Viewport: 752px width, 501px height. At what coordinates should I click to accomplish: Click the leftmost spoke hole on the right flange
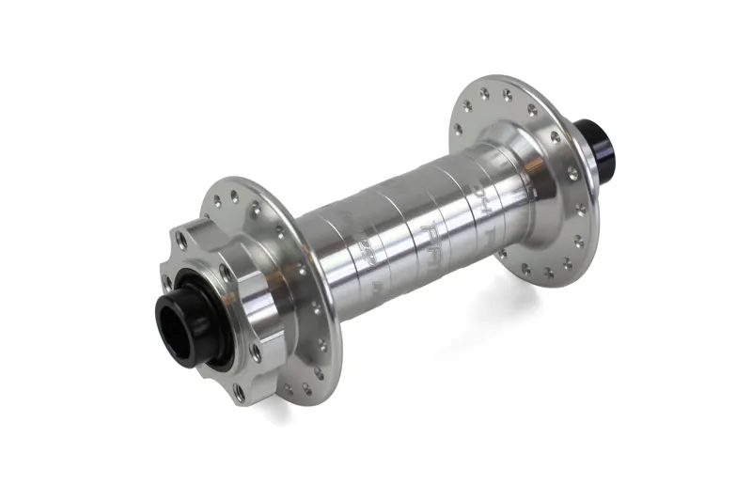pyautogui.click(x=460, y=131)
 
